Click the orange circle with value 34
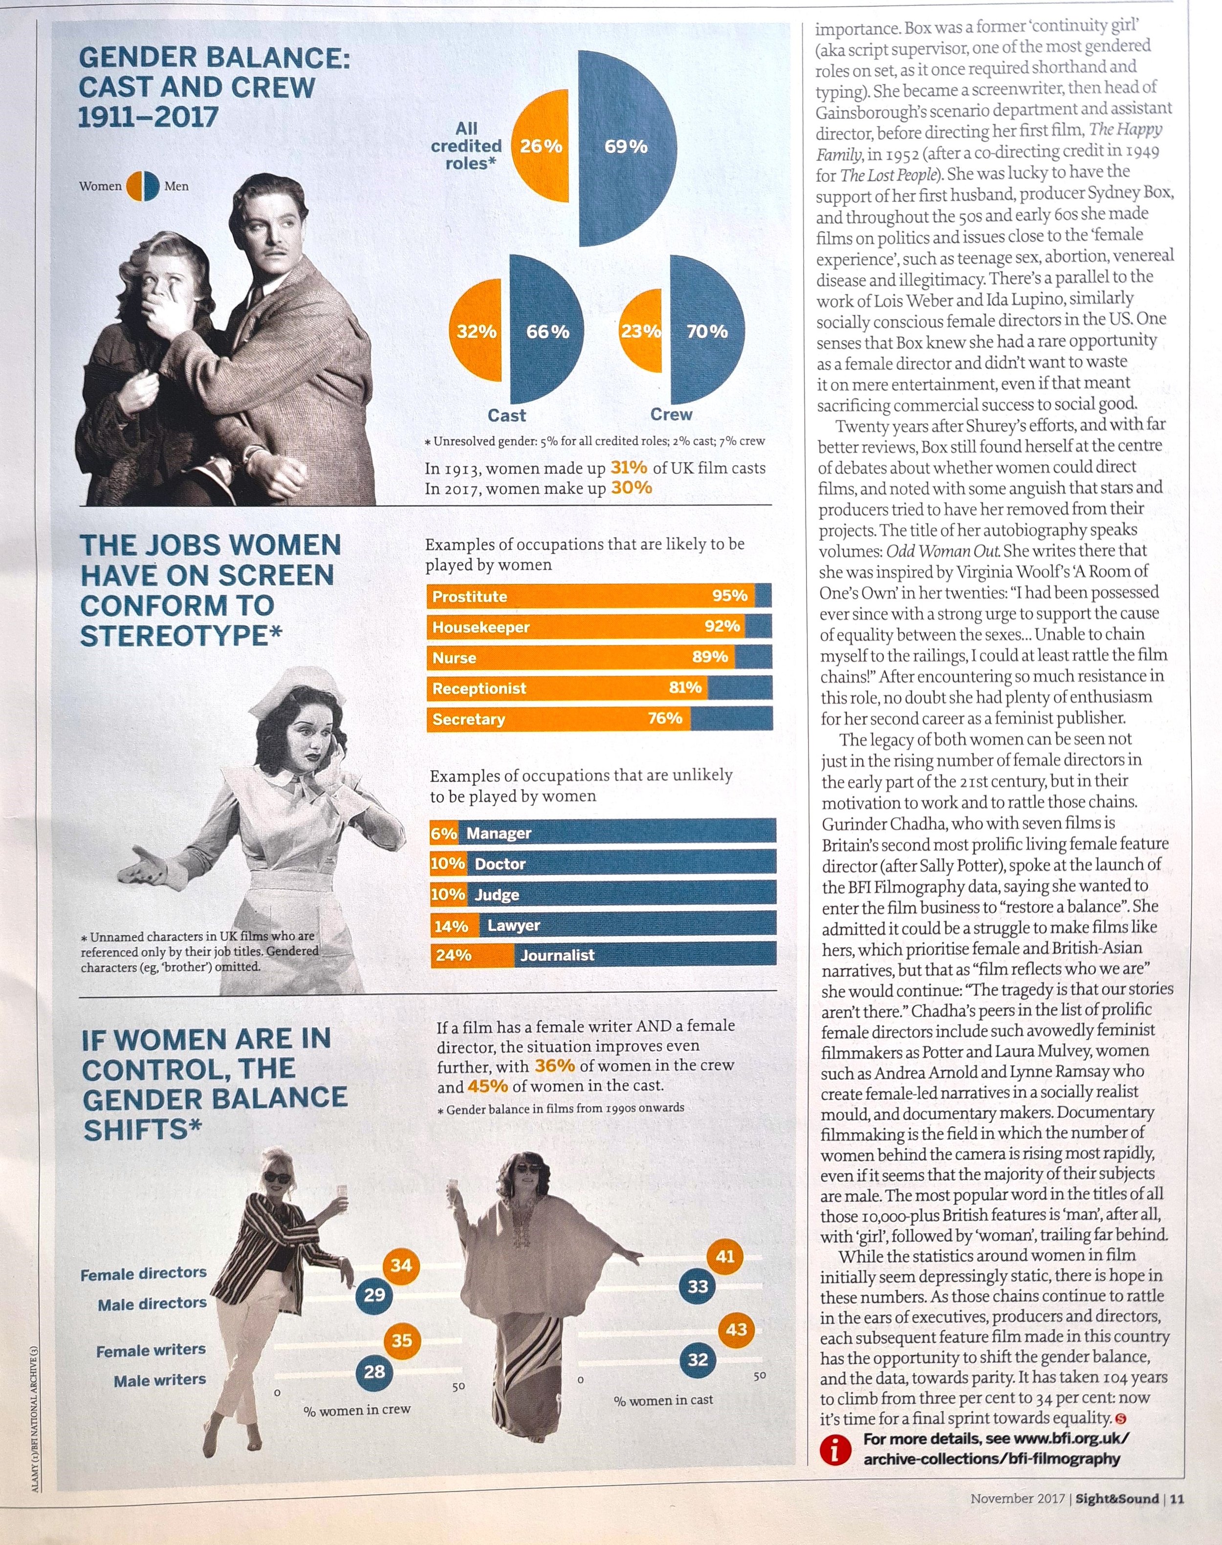[x=401, y=1266]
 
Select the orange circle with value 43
[x=736, y=1330]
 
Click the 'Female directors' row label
[x=143, y=1274]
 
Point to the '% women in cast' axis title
[x=663, y=1400]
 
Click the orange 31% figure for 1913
[x=629, y=468]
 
